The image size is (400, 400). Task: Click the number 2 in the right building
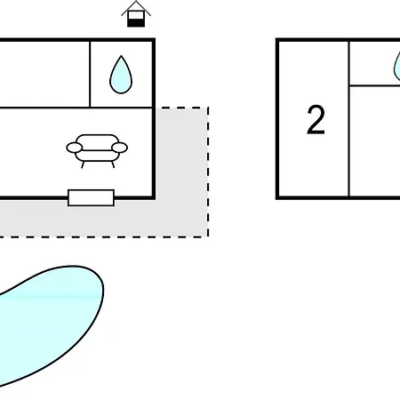(316, 120)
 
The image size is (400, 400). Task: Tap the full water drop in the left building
(121, 75)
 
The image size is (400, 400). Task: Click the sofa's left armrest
(74, 148)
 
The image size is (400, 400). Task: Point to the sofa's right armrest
(120, 148)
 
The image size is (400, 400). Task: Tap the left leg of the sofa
(83, 164)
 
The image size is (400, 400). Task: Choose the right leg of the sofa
(113, 164)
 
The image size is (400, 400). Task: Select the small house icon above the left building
(136, 13)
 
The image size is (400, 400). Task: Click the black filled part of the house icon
(136, 22)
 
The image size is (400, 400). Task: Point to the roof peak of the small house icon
(136, 2)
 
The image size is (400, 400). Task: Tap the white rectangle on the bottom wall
(91, 197)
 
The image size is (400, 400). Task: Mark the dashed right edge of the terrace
(208, 172)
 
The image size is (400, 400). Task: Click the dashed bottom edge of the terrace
(104, 237)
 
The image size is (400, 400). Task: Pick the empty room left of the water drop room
(44, 74)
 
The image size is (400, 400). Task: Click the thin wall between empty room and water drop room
(90, 74)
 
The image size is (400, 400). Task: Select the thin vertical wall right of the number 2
(349, 118)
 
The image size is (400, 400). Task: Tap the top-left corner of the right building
(277, 40)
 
